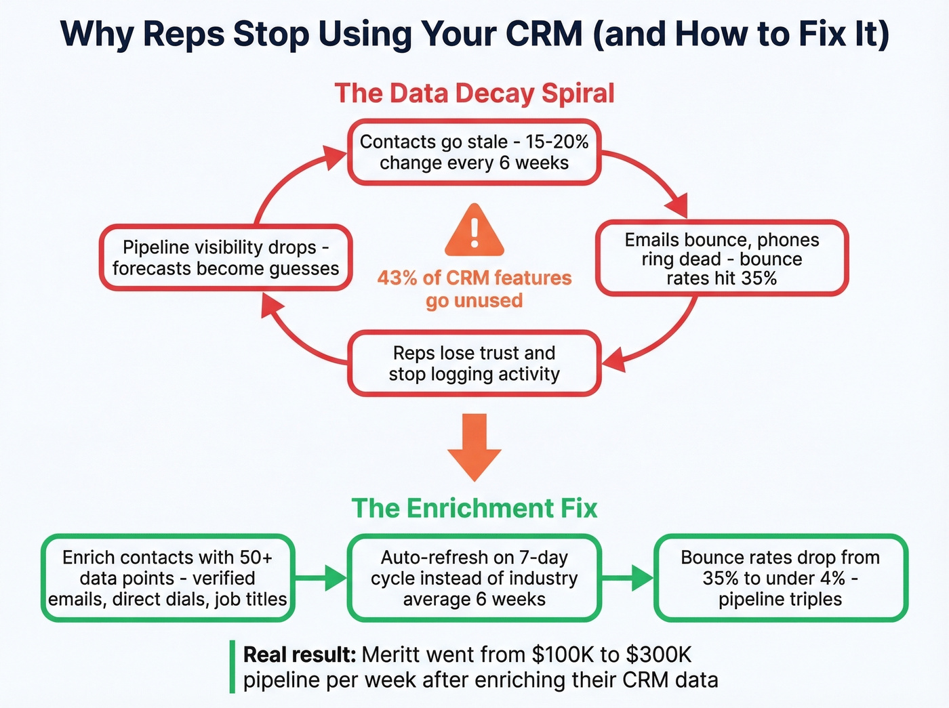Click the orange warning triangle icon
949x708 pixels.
[x=474, y=231]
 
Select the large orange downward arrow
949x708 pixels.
[x=474, y=447]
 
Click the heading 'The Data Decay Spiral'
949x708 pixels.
[x=474, y=93]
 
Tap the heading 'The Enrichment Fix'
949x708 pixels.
[x=474, y=508]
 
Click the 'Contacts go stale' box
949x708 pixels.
[x=474, y=152]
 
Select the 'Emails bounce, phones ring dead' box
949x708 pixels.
[x=721, y=259]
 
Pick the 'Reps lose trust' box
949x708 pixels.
[x=474, y=363]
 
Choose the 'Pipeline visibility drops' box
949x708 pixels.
[x=226, y=257]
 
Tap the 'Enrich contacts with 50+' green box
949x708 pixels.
[x=167, y=578]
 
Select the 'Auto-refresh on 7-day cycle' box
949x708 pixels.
[x=474, y=578]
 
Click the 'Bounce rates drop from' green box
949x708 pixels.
[x=780, y=578]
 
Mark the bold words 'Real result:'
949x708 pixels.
[x=299, y=655]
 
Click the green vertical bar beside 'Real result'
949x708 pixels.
[x=232, y=667]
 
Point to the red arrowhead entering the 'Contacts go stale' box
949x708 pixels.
[x=335, y=157]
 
